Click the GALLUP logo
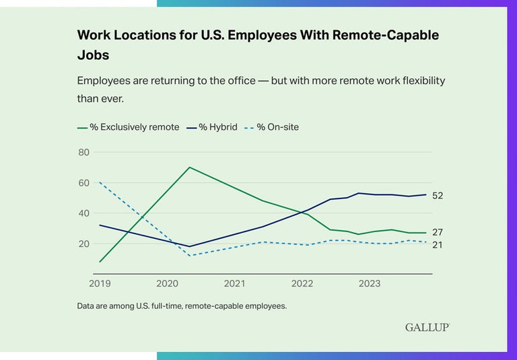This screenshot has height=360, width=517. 427,327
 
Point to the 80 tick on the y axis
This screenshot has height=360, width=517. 83,152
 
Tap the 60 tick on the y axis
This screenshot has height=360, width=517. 83,183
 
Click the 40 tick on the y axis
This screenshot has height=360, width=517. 83,213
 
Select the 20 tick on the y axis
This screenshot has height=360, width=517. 83,244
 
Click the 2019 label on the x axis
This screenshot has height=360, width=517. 100,283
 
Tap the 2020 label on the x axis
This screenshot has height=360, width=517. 167,283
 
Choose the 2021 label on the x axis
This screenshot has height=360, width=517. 234,283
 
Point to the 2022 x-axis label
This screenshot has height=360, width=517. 302,283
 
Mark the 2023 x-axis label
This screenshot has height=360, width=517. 369,283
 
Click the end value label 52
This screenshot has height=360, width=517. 438,195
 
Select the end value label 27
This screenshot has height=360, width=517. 438,232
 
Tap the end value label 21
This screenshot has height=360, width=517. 438,245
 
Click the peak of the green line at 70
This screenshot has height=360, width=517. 190,167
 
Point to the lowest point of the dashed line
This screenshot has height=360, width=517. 190,255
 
